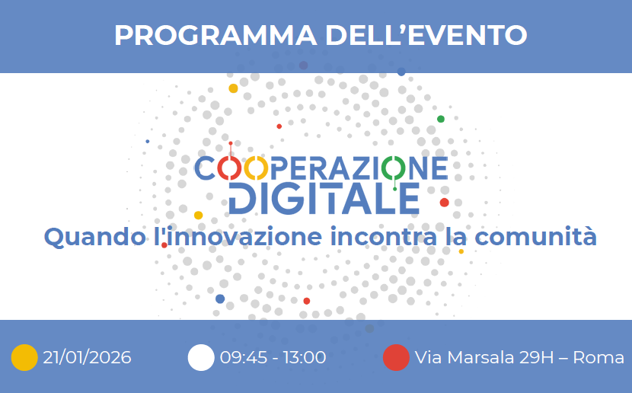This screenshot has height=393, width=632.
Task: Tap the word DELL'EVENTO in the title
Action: coord(426,35)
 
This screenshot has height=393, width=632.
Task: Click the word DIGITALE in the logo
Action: coord(324,198)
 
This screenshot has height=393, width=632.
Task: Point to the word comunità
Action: coord(533,236)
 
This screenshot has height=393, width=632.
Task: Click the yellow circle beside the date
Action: coord(24,357)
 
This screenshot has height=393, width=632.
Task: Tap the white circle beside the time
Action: coord(201,357)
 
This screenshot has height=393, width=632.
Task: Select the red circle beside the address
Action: coord(395,357)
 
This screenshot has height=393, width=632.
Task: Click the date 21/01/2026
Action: coord(88,357)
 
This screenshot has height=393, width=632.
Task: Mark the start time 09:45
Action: coord(241,357)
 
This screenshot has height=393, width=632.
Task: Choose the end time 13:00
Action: coord(304,357)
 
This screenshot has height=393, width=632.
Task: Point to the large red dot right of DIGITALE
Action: coord(444,203)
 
